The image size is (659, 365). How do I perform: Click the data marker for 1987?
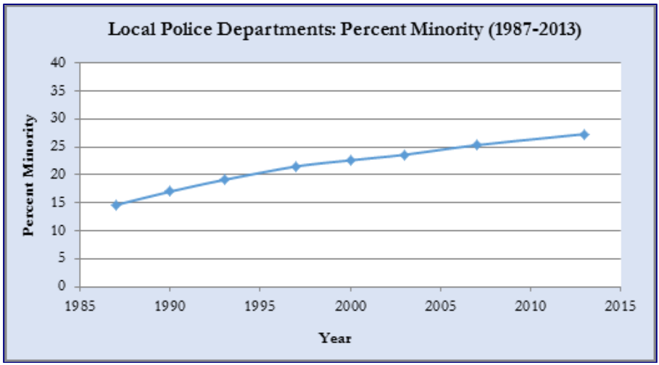(115, 205)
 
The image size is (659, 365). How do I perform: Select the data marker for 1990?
(170, 191)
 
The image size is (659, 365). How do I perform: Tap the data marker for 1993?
(224, 179)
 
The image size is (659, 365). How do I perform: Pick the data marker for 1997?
(296, 167)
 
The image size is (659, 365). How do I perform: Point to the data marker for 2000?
(350, 160)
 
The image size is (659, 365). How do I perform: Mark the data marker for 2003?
(405, 155)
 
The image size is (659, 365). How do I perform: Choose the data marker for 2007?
(476, 145)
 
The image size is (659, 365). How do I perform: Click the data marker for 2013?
(584, 134)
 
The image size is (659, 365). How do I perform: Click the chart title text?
(344, 31)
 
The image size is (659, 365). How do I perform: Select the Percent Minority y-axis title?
(30, 174)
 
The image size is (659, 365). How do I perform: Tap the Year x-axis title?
(335, 337)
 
